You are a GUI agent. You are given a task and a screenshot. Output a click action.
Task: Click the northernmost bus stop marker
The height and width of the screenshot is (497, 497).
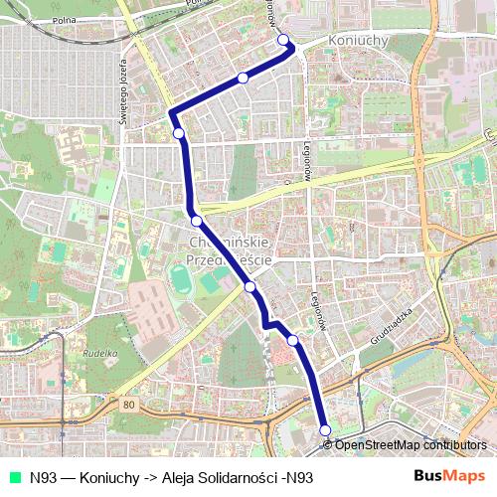click(x=284, y=40)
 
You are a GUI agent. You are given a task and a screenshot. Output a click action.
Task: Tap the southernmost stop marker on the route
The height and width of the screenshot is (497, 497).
click(x=325, y=429)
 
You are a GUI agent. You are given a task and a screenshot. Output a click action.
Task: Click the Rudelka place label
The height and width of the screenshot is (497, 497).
click(x=100, y=352)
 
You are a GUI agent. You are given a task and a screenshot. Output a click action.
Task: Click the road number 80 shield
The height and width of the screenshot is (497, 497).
click(x=129, y=405)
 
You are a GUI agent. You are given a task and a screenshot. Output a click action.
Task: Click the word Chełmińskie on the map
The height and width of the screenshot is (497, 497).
click(x=228, y=242)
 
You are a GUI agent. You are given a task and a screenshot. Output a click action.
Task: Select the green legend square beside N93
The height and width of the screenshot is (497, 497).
click(x=13, y=476)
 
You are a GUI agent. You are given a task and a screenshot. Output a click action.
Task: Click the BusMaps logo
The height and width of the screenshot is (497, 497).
click(x=449, y=475)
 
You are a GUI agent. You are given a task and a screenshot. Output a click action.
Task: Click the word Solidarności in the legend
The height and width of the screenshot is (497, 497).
click(x=239, y=476)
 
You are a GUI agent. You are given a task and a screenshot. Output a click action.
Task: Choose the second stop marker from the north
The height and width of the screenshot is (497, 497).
click(x=243, y=78)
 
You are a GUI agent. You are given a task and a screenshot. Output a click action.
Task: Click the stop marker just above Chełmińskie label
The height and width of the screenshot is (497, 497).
click(x=197, y=221)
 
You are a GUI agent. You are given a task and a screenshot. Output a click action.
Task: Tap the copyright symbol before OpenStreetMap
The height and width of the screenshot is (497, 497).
click(x=328, y=445)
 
